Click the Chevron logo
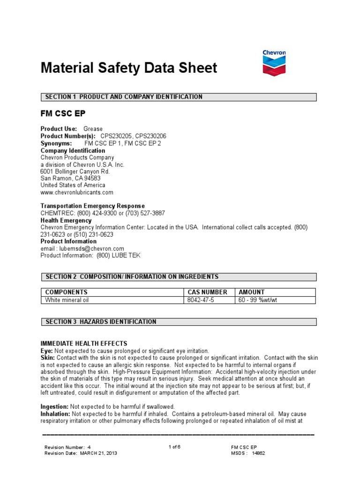point(274,63)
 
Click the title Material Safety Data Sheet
point(129,68)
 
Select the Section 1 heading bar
point(179,97)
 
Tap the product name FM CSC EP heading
point(63,114)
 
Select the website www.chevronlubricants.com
point(77,192)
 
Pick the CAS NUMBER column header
point(208,292)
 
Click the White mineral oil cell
point(67,300)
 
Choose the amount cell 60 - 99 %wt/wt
point(258,300)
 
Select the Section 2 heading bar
point(179,277)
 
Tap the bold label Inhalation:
point(55,414)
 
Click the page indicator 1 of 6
point(174,447)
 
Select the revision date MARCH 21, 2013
point(98,453)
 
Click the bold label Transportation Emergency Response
point(93,206)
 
